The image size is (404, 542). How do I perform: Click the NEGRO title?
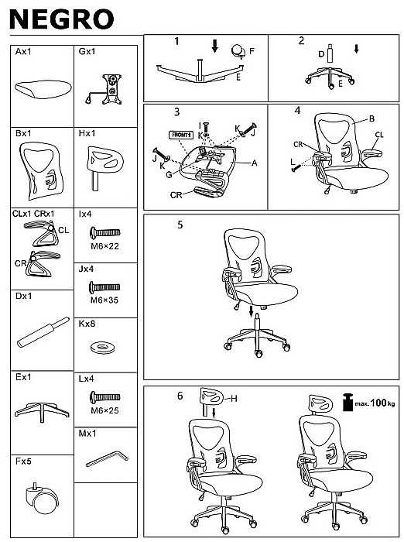coord(62,19)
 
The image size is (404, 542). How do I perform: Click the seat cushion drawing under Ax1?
coord(43,89)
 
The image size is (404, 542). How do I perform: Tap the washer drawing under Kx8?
coord(103,347)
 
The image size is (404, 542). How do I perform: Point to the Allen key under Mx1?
coord(107,458)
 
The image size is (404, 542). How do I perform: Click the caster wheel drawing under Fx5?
coord(42,498)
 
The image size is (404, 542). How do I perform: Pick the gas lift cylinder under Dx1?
coord(43,332)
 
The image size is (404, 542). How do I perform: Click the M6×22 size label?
coord(104,246)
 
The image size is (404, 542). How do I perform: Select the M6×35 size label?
coord(104,300)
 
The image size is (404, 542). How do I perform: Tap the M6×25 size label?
coord(104,410)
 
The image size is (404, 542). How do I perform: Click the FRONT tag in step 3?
coord(181,135)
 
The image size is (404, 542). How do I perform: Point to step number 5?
coord(180,225)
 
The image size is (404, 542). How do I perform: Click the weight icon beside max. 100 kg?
coord(348,402)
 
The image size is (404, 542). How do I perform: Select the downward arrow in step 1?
coord(215,46)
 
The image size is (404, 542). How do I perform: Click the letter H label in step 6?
coord(234,399)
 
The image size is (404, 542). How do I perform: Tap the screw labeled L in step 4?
coord(296,168)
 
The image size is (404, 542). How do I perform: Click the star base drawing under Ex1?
coord(42,411)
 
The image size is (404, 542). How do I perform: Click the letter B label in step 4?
coord(371,118)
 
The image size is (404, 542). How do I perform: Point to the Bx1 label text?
coord(23,133)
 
